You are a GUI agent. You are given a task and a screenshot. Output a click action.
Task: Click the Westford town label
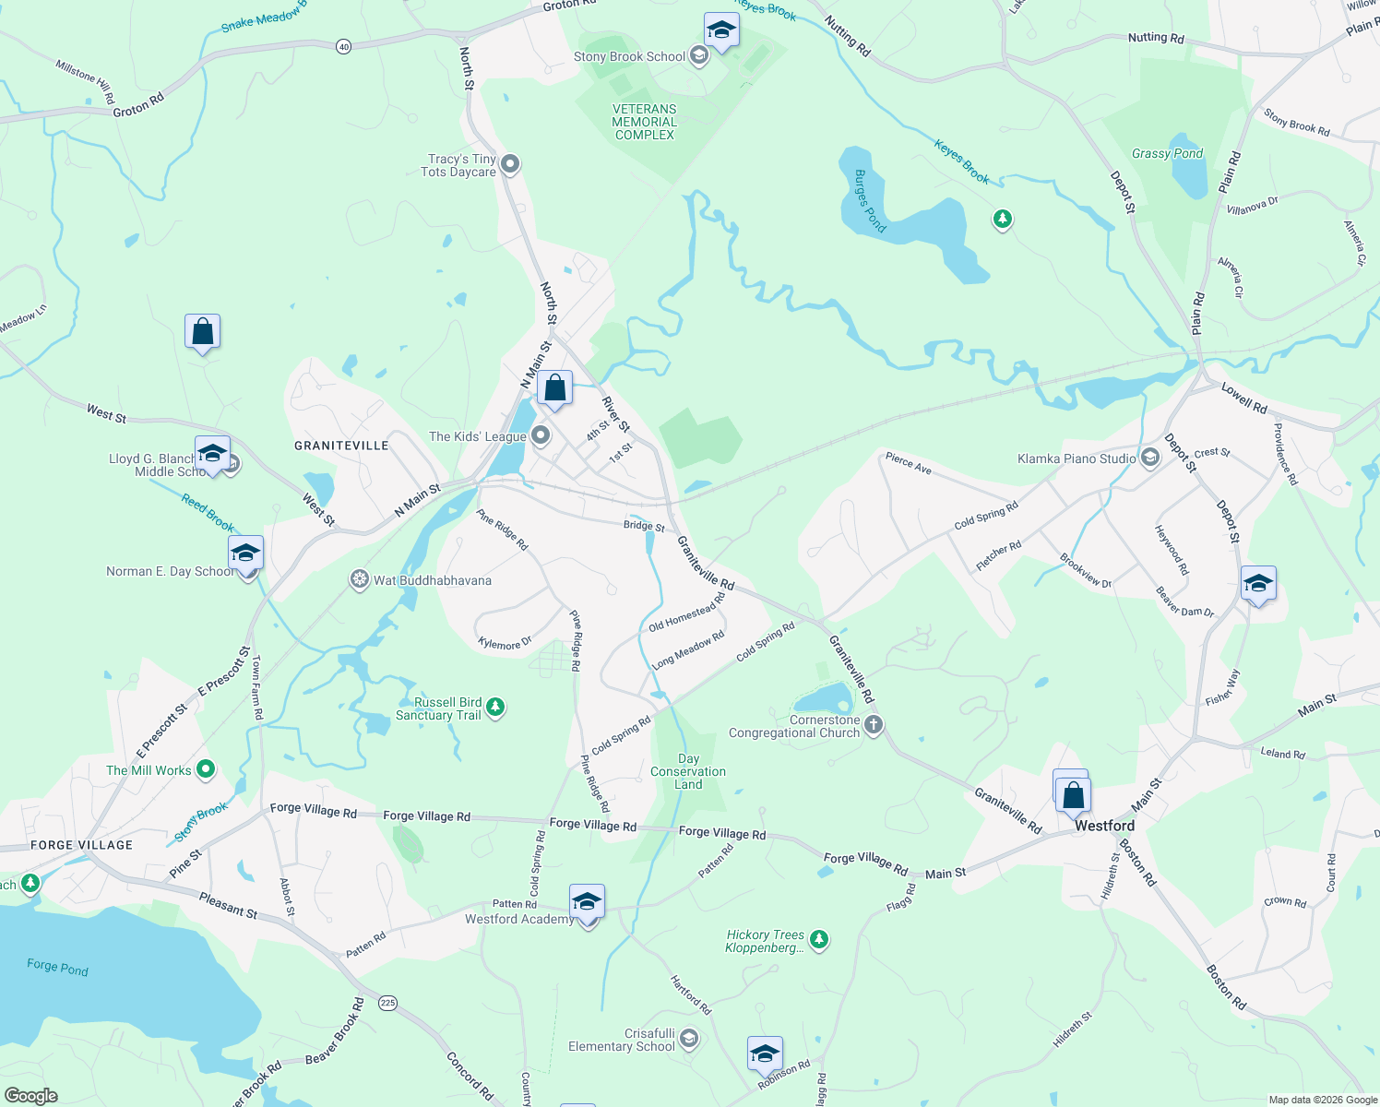[x=1104, y=826]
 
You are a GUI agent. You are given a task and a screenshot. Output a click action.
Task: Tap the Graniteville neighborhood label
[x=341, y=446]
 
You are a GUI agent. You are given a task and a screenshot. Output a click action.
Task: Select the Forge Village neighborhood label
[x=81, y=845]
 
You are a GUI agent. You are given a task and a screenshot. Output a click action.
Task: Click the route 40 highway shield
[x=343, y=46]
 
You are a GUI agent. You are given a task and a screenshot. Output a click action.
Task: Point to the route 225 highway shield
[x=388, y=1003]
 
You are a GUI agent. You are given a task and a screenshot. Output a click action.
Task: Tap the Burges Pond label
[x=869, y=201]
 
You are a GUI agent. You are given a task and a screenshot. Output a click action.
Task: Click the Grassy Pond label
[x=1167, y=154]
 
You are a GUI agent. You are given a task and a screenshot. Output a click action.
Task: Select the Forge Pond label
[x=57, y=967]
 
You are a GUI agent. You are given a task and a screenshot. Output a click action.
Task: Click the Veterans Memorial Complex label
[x=645, y=122]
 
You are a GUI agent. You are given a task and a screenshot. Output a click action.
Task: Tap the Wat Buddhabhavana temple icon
[x=359, y=580]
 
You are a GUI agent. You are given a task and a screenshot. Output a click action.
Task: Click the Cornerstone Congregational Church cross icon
[x=874, y=726]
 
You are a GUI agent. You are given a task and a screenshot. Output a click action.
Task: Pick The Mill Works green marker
[x=206, y=768]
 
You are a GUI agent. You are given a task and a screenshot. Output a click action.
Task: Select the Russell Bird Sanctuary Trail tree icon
[x=495, y=708]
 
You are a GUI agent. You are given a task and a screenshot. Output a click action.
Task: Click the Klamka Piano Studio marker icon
[x=1149, y=458]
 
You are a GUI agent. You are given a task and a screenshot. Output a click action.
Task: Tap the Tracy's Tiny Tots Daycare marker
[x=510, y=165]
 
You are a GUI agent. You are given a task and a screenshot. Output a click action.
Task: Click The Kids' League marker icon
[x=541, y=435]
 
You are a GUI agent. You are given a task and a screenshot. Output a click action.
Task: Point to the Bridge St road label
[x=644, y=526]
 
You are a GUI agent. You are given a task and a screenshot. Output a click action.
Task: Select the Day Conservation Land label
[x=688, y=772]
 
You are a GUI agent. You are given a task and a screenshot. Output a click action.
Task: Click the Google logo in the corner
[x=30, y=1095]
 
